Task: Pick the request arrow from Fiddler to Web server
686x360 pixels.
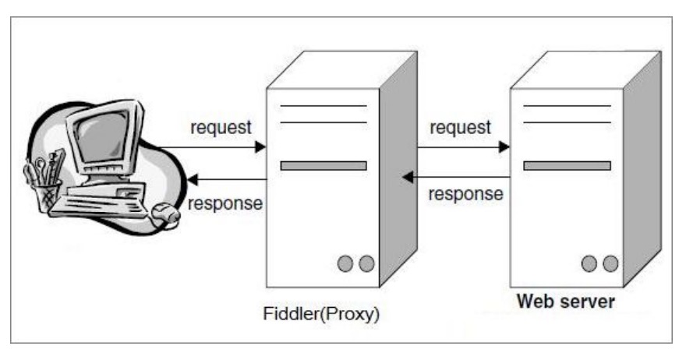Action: coord(463,146)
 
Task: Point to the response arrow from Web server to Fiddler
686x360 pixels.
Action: coord(456,178)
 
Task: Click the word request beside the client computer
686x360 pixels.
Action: coord(221,126)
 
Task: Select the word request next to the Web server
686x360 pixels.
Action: coord(461,126)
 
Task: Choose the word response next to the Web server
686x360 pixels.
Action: coord(465,194)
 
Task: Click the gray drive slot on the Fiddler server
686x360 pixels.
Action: coord(324,165)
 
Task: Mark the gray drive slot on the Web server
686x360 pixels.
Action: coord(567,165)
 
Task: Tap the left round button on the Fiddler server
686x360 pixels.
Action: coord(345,264)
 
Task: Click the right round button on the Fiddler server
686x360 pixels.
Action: coord(366,264)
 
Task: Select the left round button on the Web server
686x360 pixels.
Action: coord(589,264)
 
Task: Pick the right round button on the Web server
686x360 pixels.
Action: coord(610,264)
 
